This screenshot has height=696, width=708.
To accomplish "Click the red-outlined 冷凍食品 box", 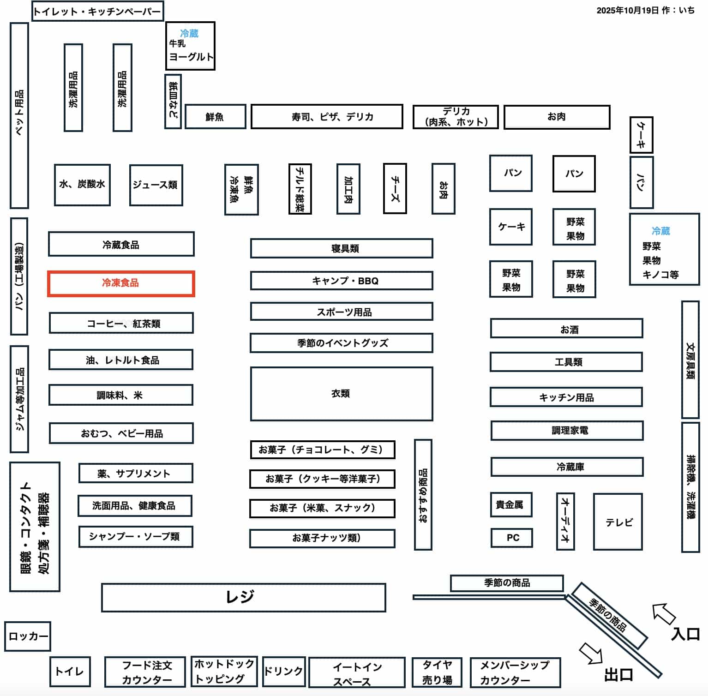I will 121,283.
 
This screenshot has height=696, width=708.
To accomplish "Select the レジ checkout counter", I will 243,597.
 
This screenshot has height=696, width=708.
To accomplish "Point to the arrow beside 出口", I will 591,653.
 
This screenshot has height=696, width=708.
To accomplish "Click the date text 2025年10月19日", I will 627,10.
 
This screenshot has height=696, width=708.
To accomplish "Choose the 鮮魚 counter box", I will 215,117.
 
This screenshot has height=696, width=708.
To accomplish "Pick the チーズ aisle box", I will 395,188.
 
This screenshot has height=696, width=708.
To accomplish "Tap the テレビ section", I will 618,522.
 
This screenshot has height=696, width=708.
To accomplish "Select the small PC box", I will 511,538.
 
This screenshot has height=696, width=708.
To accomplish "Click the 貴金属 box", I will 510,504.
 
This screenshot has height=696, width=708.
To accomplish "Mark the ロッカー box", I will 28,636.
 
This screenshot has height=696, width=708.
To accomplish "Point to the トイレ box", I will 70,671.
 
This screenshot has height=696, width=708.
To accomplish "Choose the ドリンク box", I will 283,671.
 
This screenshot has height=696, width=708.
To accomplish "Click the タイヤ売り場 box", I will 437,672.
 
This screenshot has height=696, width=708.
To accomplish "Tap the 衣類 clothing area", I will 341,394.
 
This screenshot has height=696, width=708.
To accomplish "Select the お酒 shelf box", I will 566,329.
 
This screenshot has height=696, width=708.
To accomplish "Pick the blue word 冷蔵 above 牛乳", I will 189,33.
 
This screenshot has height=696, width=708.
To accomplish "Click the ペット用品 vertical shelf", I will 19,115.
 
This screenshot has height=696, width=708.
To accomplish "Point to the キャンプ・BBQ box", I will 341,281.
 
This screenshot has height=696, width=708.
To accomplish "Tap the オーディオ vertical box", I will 565,521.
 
